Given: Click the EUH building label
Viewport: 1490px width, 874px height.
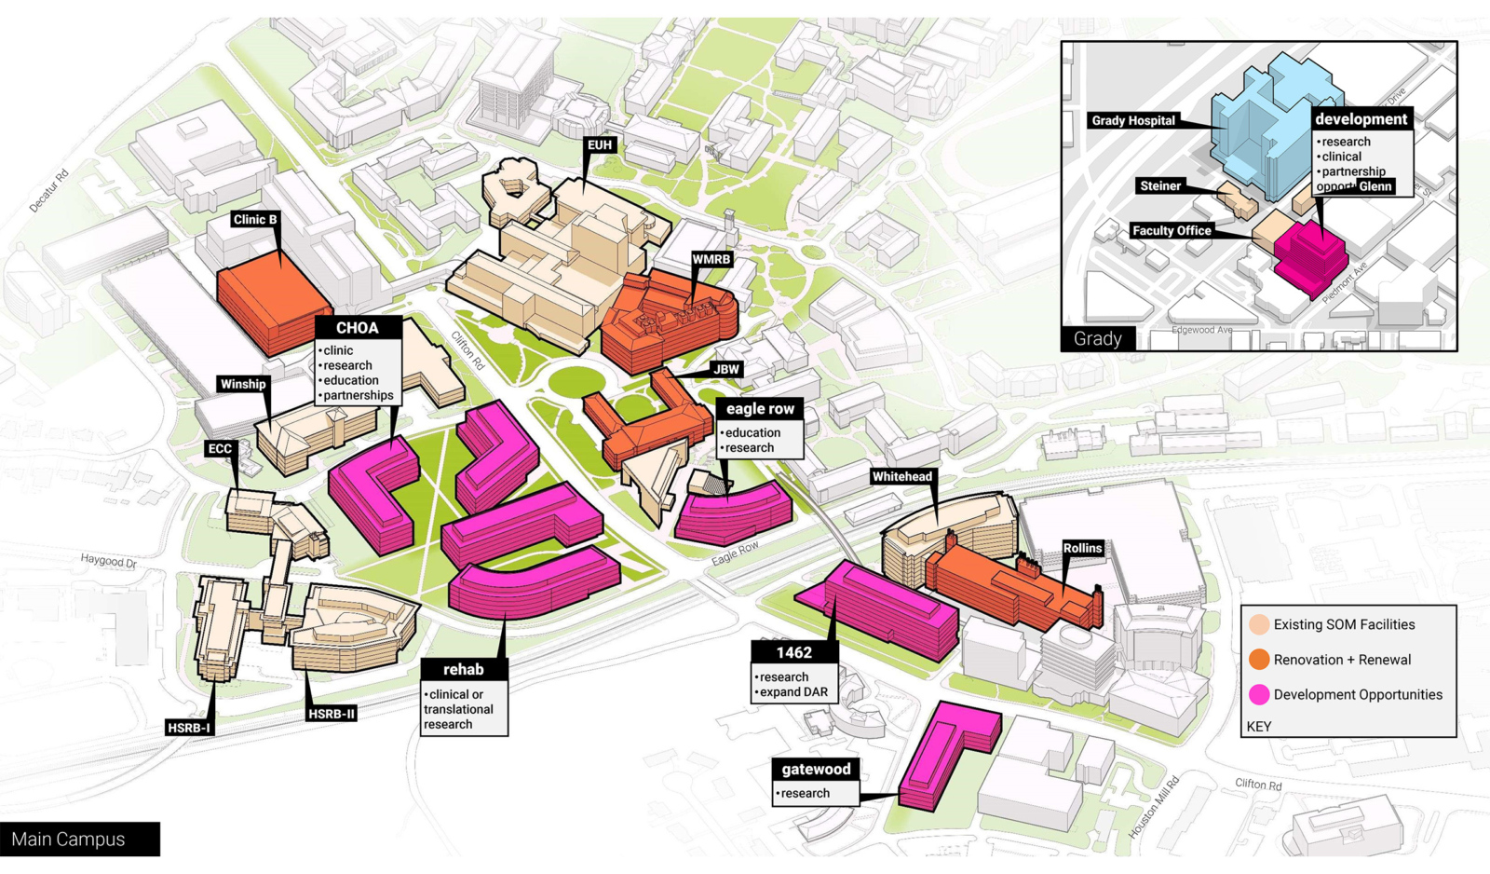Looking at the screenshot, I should point(600,144).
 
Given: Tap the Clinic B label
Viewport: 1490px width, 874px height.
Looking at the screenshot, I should point(254,220).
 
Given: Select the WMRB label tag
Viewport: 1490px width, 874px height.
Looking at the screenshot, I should point(711,259).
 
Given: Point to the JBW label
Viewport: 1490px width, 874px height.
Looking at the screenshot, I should point(726,369).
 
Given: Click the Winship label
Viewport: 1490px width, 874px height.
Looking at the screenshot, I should point(243,384).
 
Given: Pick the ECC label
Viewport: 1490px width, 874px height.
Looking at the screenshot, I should point(220,448).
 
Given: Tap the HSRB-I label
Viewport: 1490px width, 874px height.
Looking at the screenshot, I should point(189,727).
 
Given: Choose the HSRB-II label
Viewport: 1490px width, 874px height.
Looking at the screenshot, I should point(332,714).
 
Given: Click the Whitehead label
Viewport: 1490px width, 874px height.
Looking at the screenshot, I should point(901,476).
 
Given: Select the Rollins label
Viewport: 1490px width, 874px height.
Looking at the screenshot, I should point(1082,548).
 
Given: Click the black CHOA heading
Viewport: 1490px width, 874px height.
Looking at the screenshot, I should point(358,328).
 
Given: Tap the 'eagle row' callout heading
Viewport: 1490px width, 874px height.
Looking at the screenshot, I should point(760,409).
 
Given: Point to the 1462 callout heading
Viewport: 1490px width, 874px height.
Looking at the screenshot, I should point(794,653).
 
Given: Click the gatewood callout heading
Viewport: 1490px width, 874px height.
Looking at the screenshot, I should point(816,770).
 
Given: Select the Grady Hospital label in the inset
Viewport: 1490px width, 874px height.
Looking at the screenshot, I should point(1133,120).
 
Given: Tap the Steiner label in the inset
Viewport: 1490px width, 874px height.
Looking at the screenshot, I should point(1160,185).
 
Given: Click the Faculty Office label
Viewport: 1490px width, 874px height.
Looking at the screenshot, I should point(1172,230).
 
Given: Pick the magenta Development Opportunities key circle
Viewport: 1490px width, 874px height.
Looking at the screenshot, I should point(1259,694).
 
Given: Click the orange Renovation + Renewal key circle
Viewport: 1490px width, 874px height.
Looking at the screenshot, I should point(1259,660).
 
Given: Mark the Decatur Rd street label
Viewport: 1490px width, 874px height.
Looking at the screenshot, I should point(49,191).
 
